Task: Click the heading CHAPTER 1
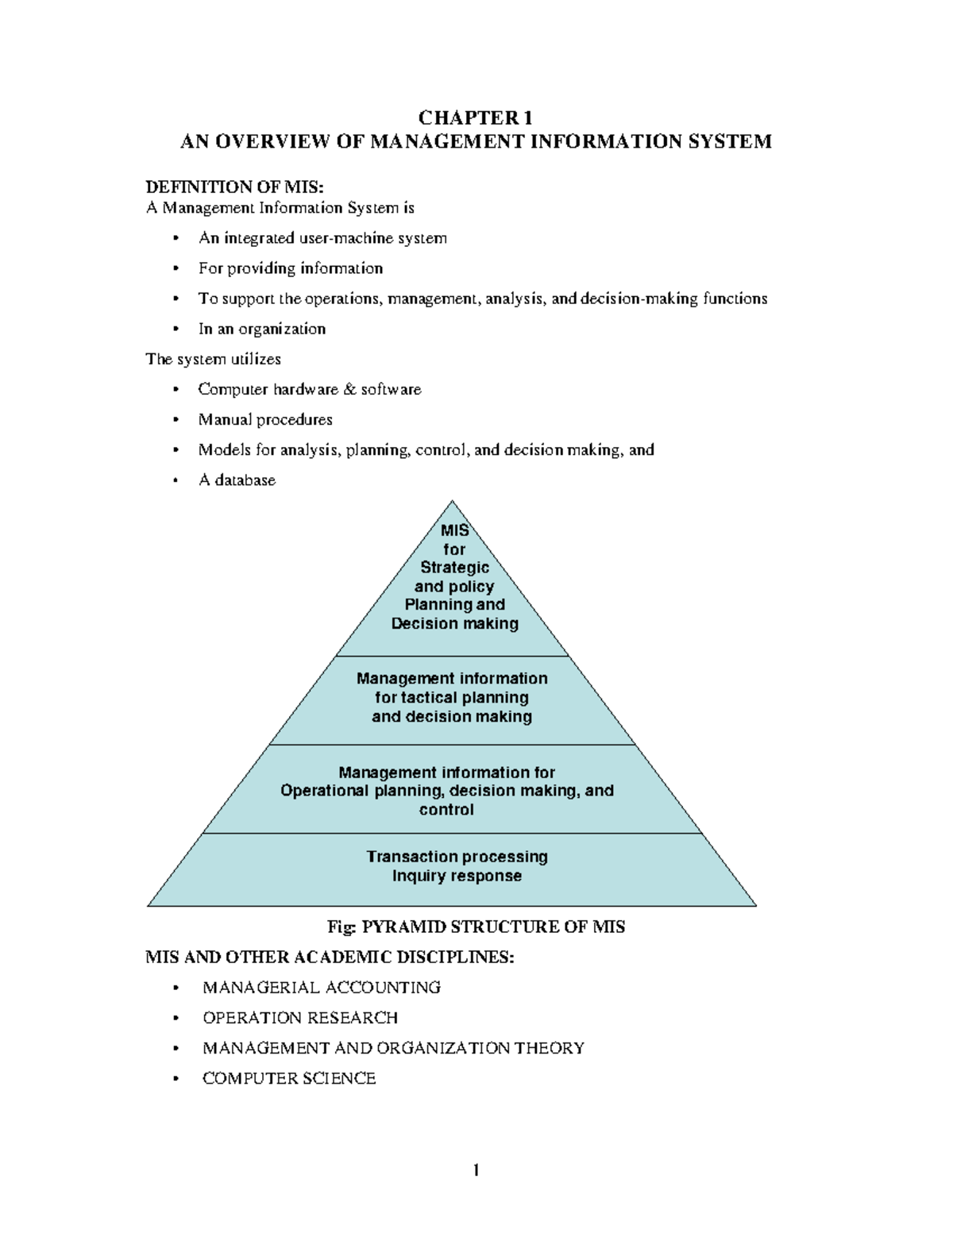475,118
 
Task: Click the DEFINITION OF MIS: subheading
235,187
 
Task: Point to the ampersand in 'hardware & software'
349,390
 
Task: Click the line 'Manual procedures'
265,420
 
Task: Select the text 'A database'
237,480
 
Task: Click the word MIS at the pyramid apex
454,530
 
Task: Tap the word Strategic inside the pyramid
454,568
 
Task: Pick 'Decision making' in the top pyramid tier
454,624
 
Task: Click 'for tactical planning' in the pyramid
452,698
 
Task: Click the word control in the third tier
446,810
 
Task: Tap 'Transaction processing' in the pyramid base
457,857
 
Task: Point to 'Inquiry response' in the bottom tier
457,876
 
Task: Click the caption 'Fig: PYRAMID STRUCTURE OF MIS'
476,927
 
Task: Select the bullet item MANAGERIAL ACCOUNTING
322,988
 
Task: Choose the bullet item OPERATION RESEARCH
300,1018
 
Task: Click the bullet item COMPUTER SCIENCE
289,1078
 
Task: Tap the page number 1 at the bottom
476,1170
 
